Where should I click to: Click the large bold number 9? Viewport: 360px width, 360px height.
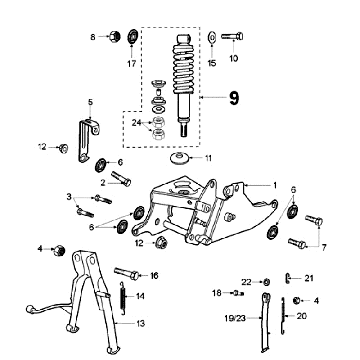click(x=234, y=98)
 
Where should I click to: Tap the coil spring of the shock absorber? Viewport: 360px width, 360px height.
click(x=185, y=68)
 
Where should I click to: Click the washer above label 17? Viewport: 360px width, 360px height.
click(x=133, y=37)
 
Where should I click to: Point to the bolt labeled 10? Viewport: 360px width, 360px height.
click(x=232, y=36)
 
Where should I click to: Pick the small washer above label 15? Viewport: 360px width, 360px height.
click(x=212, y=37)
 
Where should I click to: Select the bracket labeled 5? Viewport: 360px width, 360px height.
click(x=87, y=140)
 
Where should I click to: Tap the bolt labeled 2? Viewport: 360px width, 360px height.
click(x=121, y=178)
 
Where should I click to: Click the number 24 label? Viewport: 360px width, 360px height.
click(x=137, y=123)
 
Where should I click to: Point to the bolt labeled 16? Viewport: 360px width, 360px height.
click(x=127, y=273)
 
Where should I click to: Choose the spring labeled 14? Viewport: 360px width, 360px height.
click(x=123, y=298)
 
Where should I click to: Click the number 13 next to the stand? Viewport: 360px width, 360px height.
click(x=141, y=323)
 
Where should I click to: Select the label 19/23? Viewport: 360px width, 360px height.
click(x=235, y=318)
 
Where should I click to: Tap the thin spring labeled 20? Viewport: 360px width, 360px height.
click(x=283, y=316)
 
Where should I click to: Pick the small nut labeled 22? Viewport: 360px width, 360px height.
click(x=266, y=282)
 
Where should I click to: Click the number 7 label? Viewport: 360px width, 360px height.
click(x=324, y=247)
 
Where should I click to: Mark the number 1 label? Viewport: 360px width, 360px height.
click(x=275, y=185)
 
